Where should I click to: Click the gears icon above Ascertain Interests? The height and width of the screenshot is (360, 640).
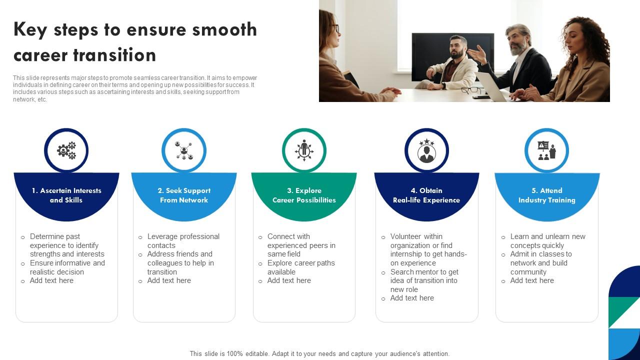tap(66, 150)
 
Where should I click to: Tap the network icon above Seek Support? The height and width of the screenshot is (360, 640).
tap(184, 150)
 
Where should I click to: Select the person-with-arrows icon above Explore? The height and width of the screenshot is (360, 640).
tap(304, 150)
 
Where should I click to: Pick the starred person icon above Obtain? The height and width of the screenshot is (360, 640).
tap(426, 151)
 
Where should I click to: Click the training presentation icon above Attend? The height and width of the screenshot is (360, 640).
tap(546, 150)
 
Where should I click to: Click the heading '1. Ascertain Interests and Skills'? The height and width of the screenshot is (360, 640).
tap(66, 195)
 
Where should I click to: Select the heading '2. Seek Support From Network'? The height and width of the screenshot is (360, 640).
tap(184, 195)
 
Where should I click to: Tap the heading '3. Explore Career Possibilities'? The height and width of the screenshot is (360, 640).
tap(304, 195)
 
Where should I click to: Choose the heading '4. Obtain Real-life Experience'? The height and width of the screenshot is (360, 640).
tap(426, 195)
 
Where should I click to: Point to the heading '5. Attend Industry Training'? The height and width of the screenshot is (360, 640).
tap(546, 195)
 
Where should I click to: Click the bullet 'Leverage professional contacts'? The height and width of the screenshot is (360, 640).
tap(183, 241)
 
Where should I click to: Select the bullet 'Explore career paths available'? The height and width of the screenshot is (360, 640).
tap(300, 267)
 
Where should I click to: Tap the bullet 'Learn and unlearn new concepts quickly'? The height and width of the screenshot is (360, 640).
tap(547, 241)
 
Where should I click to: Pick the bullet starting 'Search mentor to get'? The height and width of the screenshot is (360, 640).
tap(424, 280)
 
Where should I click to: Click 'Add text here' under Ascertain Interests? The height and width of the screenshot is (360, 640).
tap(51, 280)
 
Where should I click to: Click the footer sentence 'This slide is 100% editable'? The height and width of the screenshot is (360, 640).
tap(319, 353)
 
